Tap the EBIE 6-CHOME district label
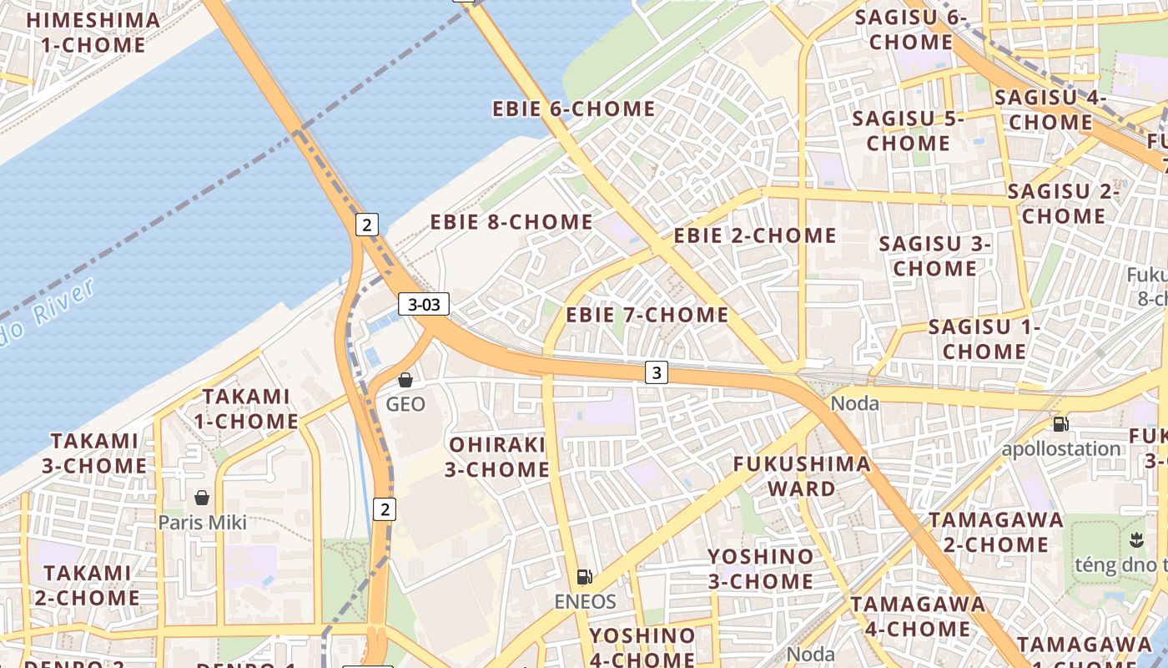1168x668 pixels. point(573,109)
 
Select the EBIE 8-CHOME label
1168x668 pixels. point(511,222)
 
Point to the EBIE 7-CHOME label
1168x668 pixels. point(647,315)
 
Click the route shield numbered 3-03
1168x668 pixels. point(424,304)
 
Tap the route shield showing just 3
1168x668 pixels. point(657,372)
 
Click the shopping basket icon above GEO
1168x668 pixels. point(405,381)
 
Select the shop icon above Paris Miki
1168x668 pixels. point(202,498)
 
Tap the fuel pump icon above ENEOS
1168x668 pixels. point(584,577)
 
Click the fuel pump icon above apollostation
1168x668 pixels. point(1060,423)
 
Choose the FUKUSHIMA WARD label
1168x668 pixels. point(801,476)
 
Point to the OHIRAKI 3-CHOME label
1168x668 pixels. point(496,457)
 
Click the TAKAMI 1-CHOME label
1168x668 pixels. point(246,408)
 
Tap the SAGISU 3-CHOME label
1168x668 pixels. point(934,256)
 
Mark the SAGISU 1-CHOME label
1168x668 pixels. point(984,339)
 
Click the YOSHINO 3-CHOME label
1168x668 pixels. point(760,569)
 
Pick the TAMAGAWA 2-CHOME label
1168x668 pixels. point(995,532)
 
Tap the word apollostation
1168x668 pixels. point(1060,448)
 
